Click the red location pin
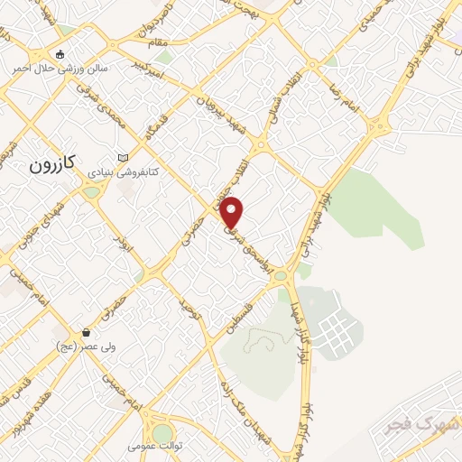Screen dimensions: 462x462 233,211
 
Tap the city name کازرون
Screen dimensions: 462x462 49,165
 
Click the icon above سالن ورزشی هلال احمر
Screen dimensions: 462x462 60,54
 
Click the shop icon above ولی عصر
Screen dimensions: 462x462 86,332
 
